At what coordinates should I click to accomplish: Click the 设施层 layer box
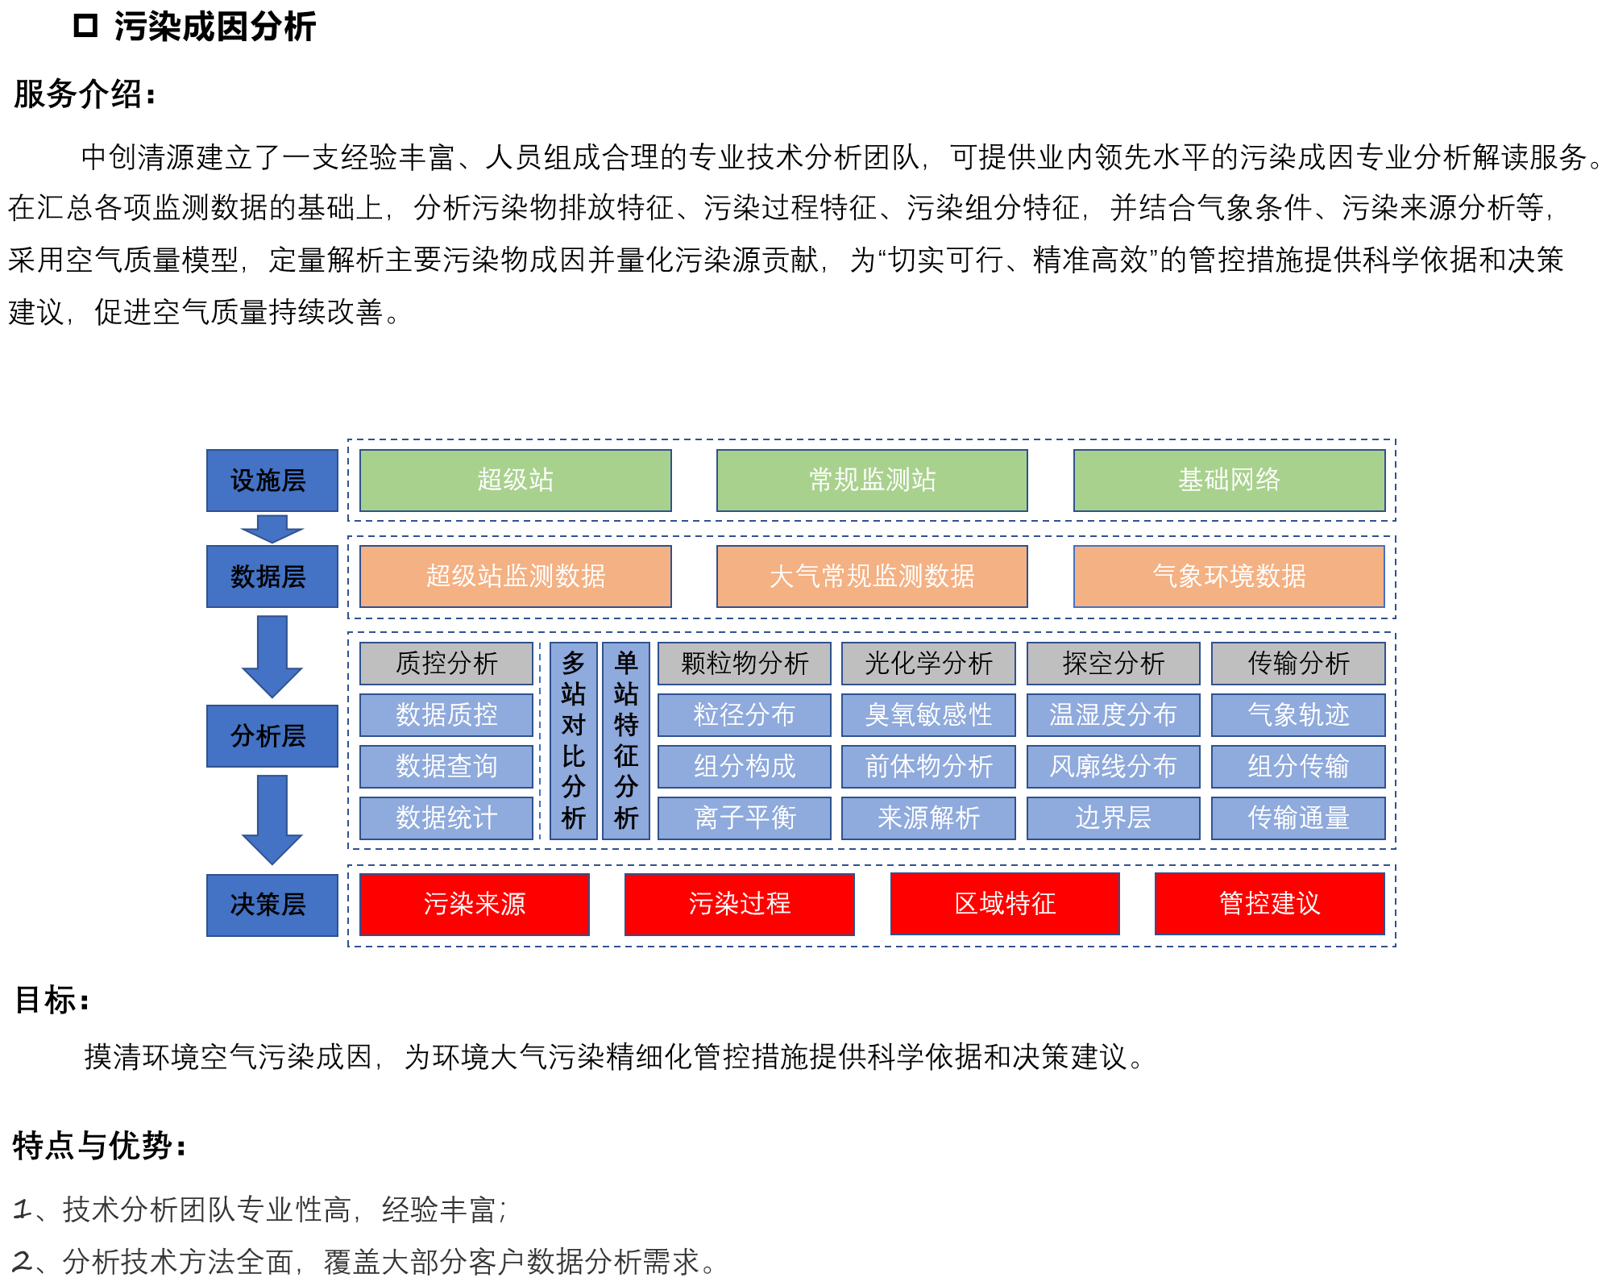[x=272, y=481]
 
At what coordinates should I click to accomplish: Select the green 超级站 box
[x=515, y=481]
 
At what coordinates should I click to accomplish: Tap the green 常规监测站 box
[x=872, y=481]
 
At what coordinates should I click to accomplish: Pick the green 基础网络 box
[x=1229, y=481]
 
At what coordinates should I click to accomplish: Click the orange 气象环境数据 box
[x=1229, y=576]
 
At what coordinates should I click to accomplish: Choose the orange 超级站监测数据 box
[x=515, y=576]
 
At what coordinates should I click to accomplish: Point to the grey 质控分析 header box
[x=446, y=664]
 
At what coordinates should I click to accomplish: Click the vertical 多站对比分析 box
[x=573, y=741]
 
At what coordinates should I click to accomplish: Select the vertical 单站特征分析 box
[x=626, y=741]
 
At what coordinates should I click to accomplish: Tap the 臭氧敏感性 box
[x=928, y=715]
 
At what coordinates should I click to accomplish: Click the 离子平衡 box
[x=745, y=818]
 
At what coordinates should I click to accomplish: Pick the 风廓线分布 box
[x=1113, y=767]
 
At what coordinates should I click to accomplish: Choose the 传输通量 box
[x=1298, y=818]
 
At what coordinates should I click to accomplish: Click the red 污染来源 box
[x=475, y=905]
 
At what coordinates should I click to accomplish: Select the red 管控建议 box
[x=1270, y=904]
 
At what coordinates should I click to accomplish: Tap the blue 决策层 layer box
[x=272, y=905]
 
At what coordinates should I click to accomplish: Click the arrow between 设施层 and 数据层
[x=272, y=529]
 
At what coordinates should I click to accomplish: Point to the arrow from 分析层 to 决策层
[x=272, y=819]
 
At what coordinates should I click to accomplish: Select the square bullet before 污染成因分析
[x=85, y=26]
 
